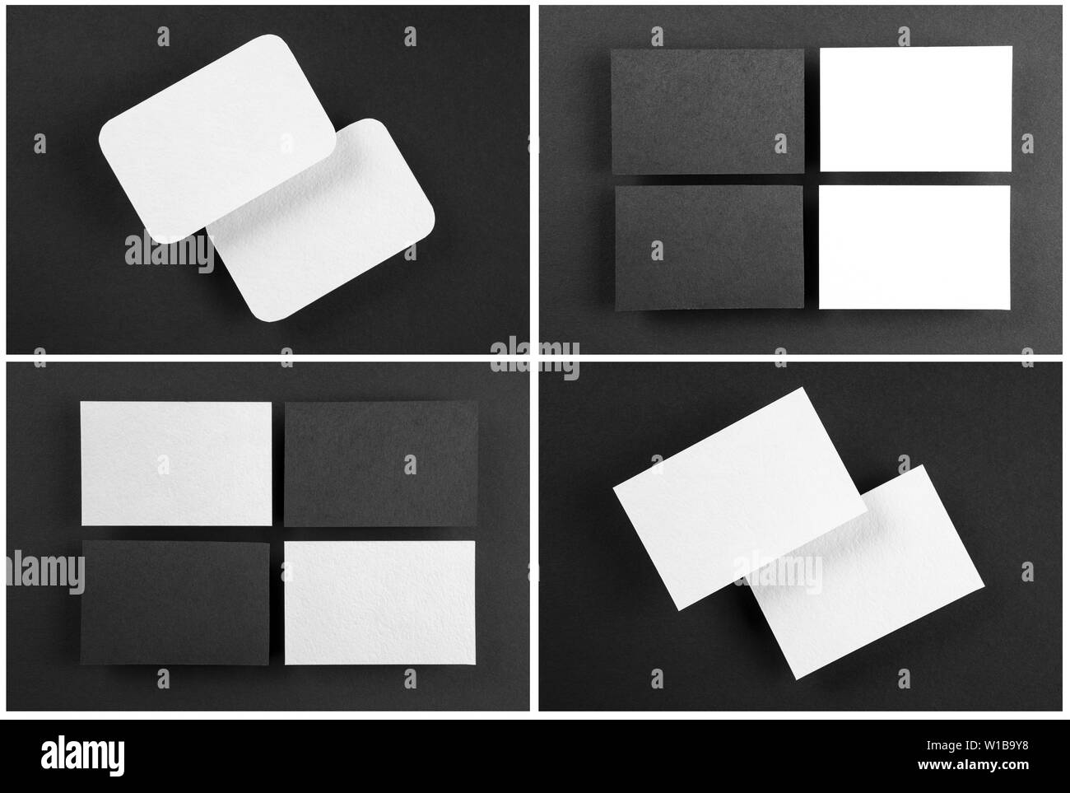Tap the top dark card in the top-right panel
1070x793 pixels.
[x=707, y=110]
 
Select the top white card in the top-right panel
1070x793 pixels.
[x=915, y=109]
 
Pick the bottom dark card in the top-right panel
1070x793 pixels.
[x=709, y=247]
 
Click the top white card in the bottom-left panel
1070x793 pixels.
[x=176, y=464]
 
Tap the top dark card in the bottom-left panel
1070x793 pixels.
[x=381, y=464]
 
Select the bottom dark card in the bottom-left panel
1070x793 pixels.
[x=175, y=603]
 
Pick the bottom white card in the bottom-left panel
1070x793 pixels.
[x=379, y=602]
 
